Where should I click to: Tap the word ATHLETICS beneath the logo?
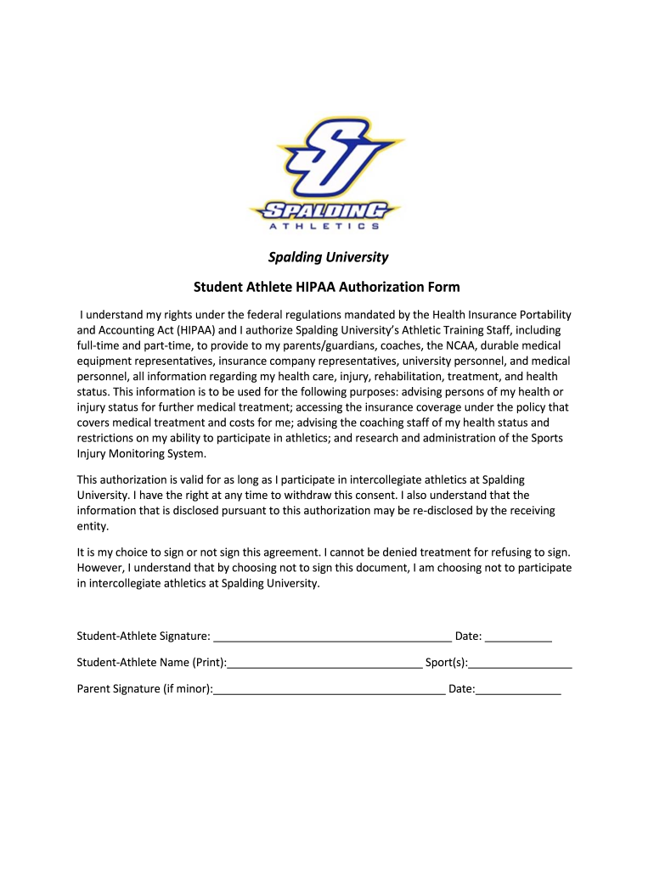coord(324,227)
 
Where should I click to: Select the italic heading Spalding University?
coord(328,257)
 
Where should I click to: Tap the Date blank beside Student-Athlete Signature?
coord(519,637)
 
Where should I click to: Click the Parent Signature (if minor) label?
coord(144,689)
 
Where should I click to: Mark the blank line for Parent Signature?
coord(330,690)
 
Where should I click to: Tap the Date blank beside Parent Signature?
coord(518,690)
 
